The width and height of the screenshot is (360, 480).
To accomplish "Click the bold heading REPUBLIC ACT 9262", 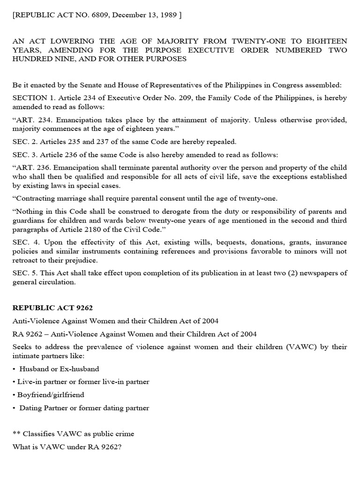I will point(52,308).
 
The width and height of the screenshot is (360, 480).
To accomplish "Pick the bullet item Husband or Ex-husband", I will point(59,369).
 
